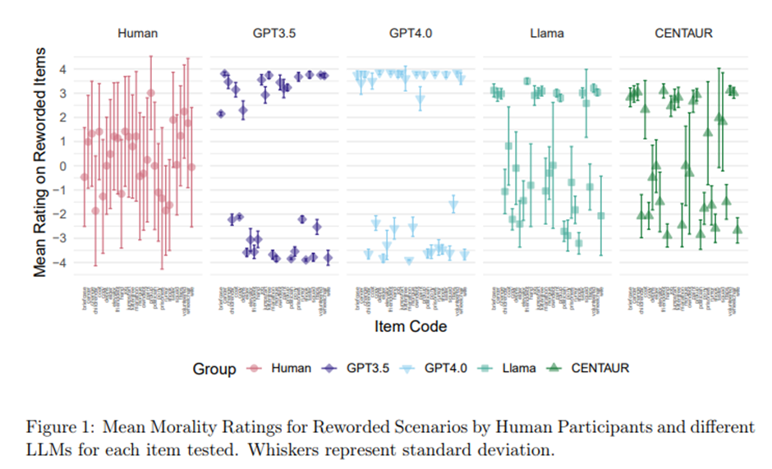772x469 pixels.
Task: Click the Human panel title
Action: [x=138, y=34]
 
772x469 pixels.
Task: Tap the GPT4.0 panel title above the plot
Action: [x=411, y=34]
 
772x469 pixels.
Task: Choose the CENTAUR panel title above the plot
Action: [x=684, y=34]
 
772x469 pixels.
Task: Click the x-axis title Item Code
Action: [x=411, y=327]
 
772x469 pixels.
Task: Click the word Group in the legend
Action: [x=214, y=369]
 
